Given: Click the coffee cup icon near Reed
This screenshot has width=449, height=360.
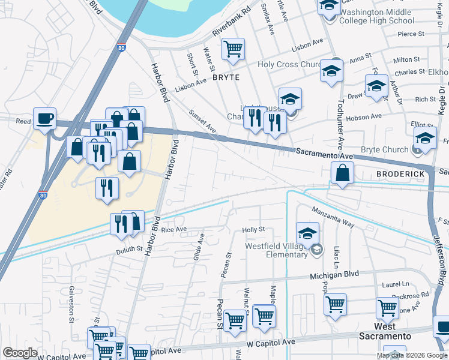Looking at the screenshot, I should [x=44, y=117].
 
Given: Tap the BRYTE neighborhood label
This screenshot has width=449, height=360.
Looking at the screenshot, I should [x=226, y=77].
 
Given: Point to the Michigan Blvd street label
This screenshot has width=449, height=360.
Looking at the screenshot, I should [x=334, y=274].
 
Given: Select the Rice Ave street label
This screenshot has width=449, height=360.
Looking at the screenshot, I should [x=174, y=229].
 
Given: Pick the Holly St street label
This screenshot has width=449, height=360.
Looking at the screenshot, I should [x=253, y=230].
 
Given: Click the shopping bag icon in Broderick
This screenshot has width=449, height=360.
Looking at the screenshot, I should [x=342, y=173].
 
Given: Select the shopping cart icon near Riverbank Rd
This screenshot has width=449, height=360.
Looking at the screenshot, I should [x=233, y=49].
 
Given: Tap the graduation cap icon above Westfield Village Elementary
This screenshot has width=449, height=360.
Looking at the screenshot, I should [x=307, y=233].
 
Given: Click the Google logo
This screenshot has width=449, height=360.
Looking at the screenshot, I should [x=19, y=353].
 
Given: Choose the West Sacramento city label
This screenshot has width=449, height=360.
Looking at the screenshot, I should [x=385, y=331].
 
